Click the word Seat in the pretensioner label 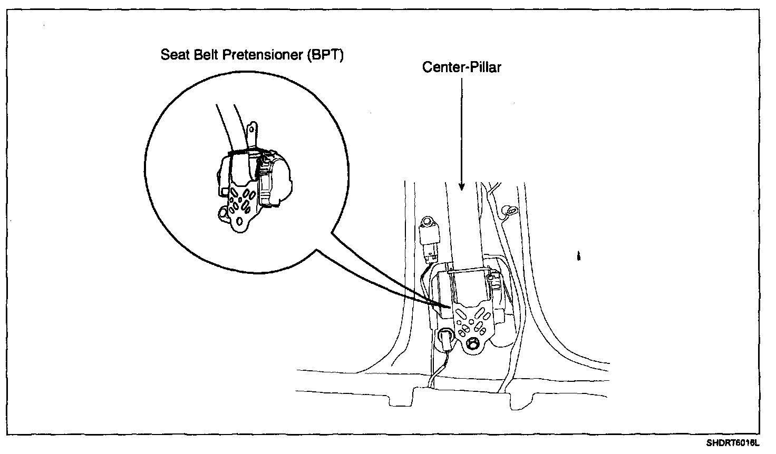173,55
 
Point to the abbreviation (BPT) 325,55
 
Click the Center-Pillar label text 461,67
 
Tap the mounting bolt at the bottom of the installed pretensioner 473,343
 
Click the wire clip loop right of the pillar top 509,211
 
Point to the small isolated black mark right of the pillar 580,256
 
